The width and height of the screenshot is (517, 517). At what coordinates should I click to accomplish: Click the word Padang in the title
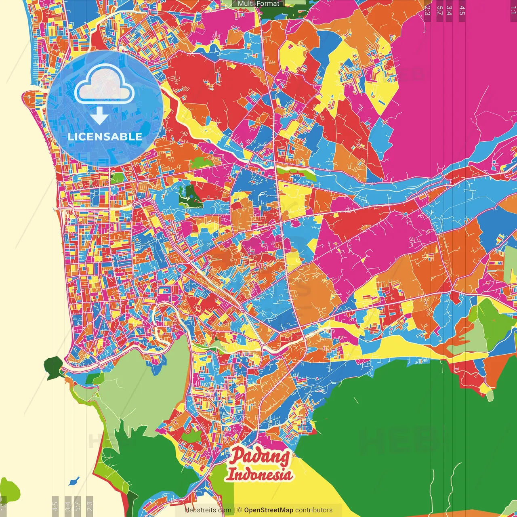point(260,456)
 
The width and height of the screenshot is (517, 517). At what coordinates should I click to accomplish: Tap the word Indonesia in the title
point(259,474)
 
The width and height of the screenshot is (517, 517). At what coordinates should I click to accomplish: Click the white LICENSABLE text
point(105,137)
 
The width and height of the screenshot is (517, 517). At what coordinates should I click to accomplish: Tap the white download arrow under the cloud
point(99,116)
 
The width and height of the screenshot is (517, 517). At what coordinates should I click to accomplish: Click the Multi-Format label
point(258,4)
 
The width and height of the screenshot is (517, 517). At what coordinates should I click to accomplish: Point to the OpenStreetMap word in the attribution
point(268,510)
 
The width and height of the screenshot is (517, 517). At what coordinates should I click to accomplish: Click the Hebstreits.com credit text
point(208,510)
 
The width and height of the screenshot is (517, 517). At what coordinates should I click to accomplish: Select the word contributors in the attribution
point(314,510)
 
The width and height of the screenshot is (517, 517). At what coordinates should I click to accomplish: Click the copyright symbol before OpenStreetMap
point(240,510)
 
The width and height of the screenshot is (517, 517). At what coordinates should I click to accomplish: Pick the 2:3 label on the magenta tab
point(427,11)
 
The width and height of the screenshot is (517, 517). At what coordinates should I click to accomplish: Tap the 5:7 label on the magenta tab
point(440,11)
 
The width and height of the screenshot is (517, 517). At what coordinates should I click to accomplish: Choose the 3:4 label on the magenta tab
point(449,11)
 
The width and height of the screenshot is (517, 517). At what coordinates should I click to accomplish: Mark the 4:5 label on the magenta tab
point(462,11)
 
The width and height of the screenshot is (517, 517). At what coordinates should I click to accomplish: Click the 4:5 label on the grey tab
point(55,505)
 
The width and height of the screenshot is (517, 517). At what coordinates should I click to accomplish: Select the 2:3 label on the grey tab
point(90,505)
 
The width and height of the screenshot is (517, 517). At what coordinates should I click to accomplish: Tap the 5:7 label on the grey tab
point(78,505)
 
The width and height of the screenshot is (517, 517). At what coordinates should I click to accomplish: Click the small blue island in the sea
point(74,481)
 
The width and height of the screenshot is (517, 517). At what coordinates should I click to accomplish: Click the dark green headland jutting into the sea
point(53,366)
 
